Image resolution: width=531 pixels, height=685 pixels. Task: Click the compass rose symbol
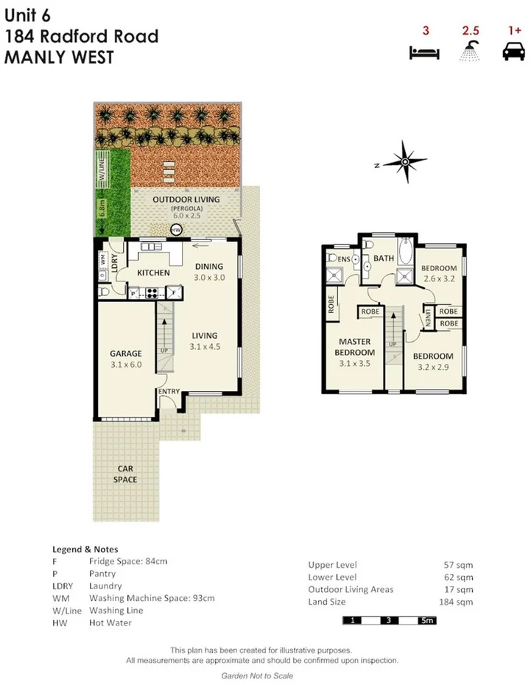(404, 162)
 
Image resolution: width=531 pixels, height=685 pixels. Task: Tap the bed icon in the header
(425, 53)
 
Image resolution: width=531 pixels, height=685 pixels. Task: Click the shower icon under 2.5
(470, 52)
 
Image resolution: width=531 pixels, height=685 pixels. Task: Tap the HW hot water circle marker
(176, 231)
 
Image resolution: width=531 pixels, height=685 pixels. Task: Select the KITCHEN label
(154, 273)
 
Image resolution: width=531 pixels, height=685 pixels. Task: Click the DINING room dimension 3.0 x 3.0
(208, 278)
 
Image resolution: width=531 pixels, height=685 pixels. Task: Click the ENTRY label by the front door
(169, 391)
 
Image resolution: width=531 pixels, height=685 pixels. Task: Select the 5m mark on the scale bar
(426, 621)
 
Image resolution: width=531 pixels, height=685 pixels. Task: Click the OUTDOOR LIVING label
(183, 200)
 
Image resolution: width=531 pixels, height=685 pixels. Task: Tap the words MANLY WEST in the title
(47, 57)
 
